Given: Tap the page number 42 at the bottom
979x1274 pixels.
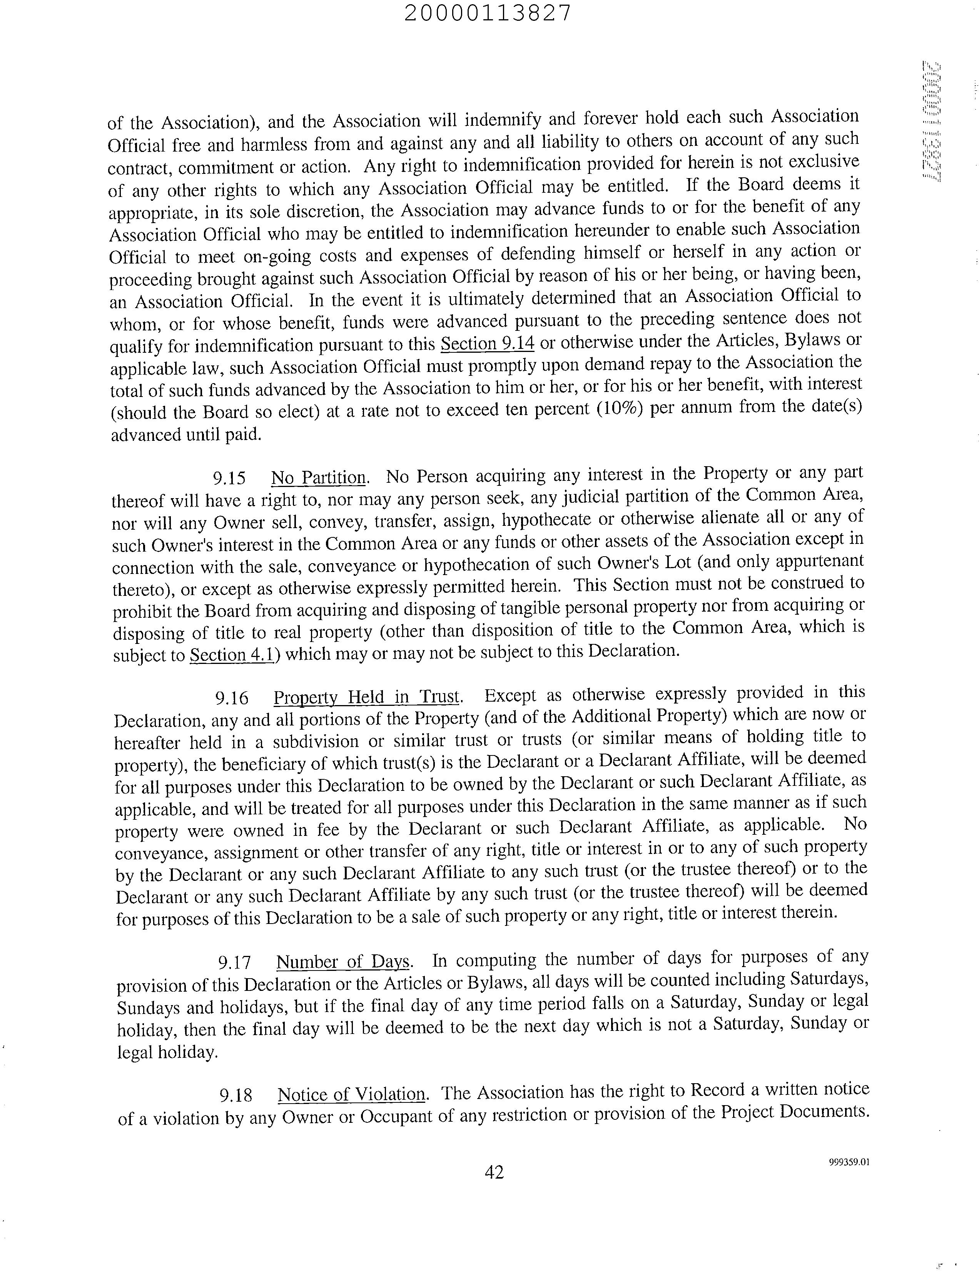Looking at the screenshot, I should [494, 1171].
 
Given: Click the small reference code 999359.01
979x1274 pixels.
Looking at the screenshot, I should [849, 1162].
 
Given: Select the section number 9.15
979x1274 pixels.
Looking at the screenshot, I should [229, 479].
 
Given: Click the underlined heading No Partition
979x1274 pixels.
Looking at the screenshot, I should [318, 478].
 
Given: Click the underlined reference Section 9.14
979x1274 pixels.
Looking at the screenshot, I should [487, 344].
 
